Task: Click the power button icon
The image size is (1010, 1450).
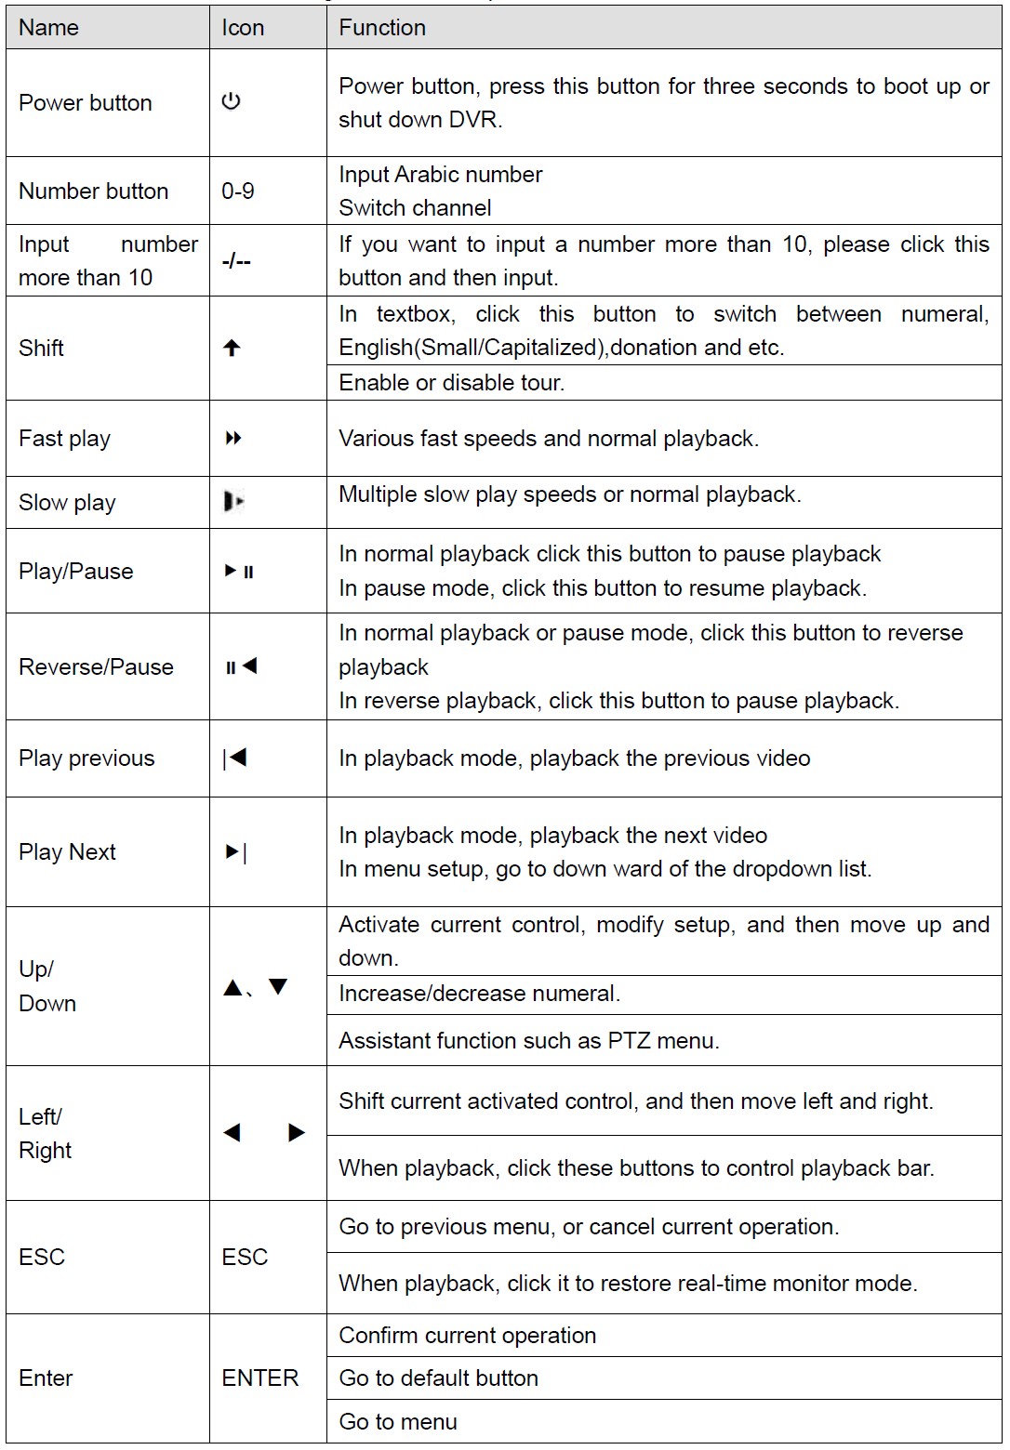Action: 232,101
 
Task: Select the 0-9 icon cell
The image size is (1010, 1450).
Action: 238,191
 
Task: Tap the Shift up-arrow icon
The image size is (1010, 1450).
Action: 232,348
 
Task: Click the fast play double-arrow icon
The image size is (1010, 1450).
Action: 233,438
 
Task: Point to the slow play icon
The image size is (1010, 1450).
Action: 233,502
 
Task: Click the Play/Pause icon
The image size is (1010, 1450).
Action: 239,571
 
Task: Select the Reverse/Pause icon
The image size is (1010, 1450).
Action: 241,666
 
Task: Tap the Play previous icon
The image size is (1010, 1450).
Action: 235,758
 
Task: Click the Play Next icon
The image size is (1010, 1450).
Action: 236,851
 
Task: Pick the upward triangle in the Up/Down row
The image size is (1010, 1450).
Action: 233,987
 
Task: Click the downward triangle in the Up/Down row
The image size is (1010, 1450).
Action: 278,987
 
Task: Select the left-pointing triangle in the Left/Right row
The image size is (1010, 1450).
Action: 233,1132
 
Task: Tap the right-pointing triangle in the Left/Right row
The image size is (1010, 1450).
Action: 297,1132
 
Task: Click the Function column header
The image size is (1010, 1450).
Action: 382,28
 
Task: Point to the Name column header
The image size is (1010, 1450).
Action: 48,28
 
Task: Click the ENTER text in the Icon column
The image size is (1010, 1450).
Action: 259,1377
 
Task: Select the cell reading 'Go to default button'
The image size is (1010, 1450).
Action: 438,1377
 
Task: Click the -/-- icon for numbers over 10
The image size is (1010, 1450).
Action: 236,261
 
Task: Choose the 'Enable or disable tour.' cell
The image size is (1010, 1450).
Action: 451,382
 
